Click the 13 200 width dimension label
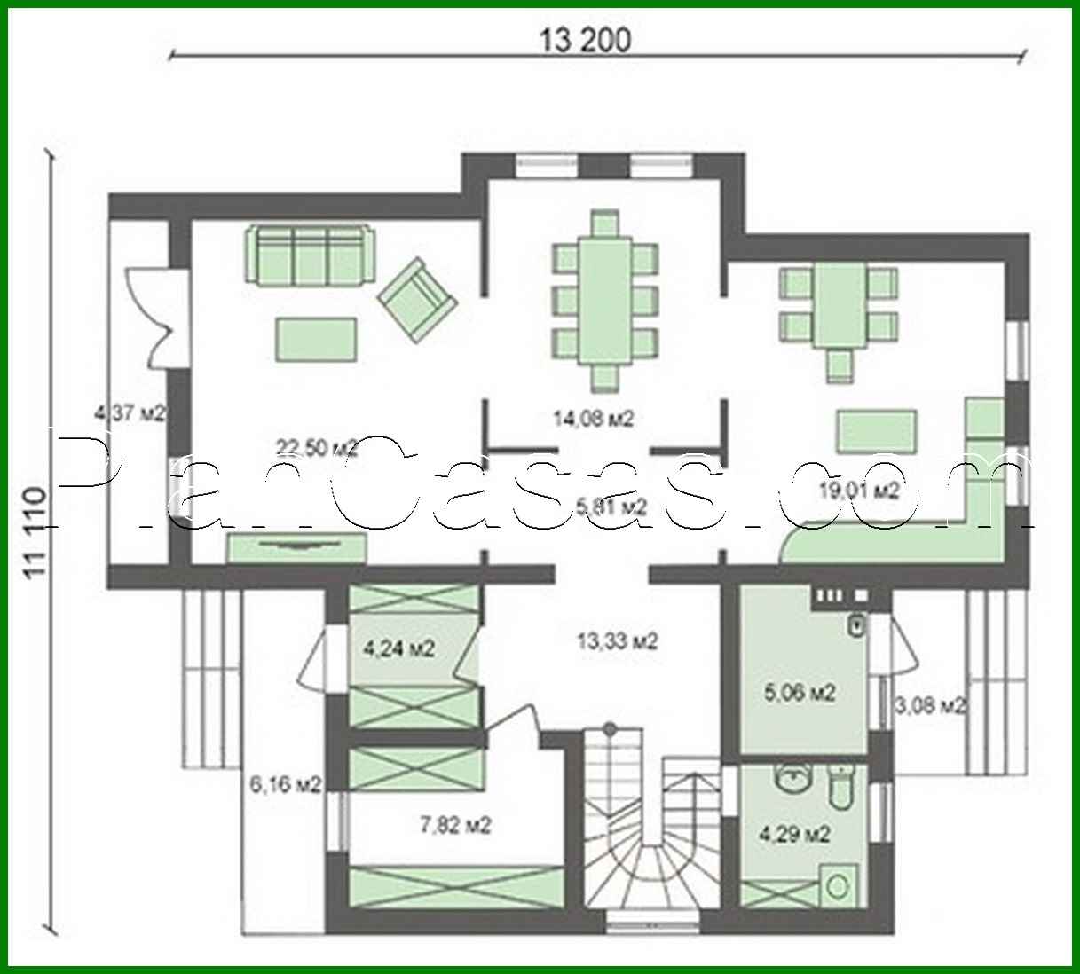coord(585,40)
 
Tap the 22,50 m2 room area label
coord(317,448)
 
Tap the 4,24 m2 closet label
coord(398,649)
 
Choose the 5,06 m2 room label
coord(800,692)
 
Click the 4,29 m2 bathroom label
coord(794,834)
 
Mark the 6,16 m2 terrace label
coord(286,783)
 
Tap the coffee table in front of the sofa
coord(317,339)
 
